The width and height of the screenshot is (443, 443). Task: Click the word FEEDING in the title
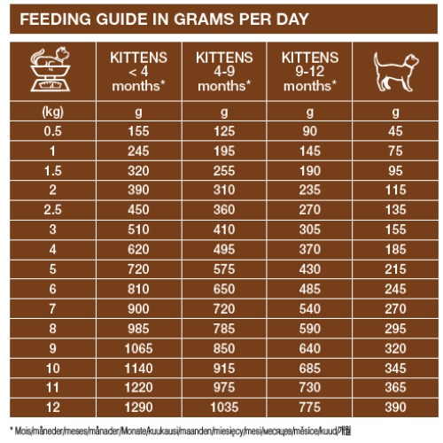[x=55, y=19]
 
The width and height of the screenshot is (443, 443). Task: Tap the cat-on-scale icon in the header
[x=51, y=70]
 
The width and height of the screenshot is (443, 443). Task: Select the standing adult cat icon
[x=396, y=72]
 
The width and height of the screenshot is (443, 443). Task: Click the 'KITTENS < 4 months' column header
[x=138, y=72]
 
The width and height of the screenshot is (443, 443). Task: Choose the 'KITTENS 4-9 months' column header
[x=224, y=72]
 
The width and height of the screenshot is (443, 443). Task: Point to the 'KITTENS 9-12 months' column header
[x=310, y=72]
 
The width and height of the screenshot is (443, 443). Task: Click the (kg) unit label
[x=53, y=112]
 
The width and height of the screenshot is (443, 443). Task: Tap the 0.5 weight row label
[x=53, y=131]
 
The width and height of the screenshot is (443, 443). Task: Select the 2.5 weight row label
[x=53, y=210]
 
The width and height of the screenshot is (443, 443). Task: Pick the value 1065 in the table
[x=138, y=348]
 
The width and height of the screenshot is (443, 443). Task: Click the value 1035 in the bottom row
[x=224, y=408]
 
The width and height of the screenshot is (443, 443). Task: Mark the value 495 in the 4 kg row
[x=224, y=250]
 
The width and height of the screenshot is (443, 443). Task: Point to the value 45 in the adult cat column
[x=395, y=131]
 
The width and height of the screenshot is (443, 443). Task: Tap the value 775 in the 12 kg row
[x=310, y=408]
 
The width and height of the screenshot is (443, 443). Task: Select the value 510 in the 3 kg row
[x=138, y=229]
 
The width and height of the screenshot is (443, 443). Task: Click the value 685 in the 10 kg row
[x=310, y=369]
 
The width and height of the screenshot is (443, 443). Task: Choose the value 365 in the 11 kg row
[x=395, y=388]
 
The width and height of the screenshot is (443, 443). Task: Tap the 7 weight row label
[x=53, y=309]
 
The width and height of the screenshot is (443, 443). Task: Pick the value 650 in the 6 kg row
[x=224, y=289]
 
